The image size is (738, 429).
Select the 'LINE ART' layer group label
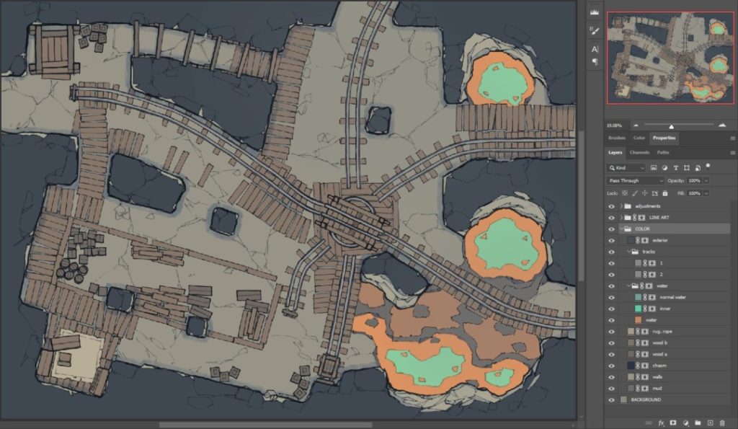pos(659,217)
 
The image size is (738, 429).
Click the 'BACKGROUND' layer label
pos(646,399)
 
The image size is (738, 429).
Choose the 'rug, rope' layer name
pos(662,332)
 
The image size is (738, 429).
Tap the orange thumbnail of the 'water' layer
pos(639,320)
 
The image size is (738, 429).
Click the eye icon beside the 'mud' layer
pos(612,389)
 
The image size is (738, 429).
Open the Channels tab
pos(639,153)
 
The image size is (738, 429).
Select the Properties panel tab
pos(664,138)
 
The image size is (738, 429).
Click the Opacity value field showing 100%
pos(694,180)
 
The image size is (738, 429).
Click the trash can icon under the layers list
pos(722,423)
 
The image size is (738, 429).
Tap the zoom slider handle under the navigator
pos(672,126)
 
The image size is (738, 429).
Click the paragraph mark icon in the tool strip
pos(595,62)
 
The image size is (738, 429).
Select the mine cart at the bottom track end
pos(329,368)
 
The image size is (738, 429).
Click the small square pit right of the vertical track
pos(379,119)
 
